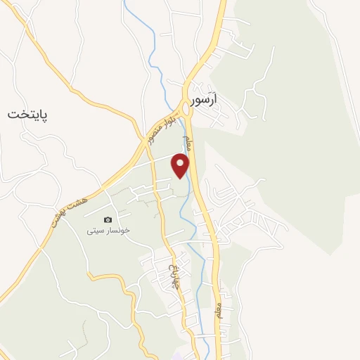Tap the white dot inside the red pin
(x=181, y=163)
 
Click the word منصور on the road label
(x=154, y=133)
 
